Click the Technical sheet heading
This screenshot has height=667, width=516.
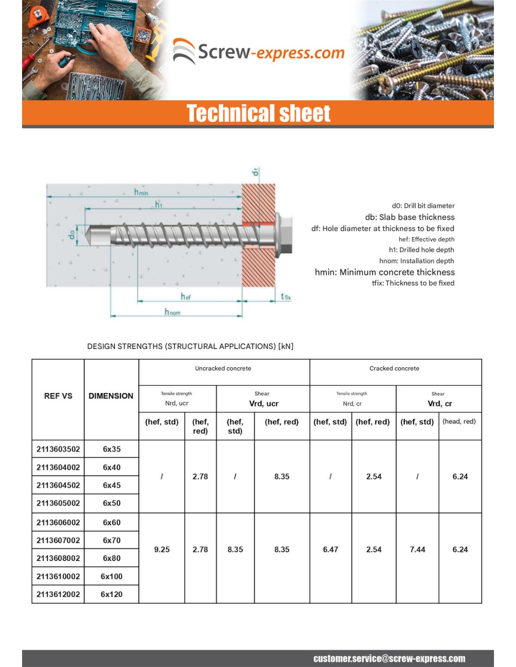pos(258,114)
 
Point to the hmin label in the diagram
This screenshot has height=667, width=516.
pos(141,192)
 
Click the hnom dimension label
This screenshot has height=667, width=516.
pos(172,312)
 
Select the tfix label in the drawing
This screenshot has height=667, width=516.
pos(285,296)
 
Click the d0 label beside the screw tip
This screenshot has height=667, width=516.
pos(72,235)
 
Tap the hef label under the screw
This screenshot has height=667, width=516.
pos(186,296)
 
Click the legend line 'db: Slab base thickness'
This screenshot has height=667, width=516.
pos(410,217)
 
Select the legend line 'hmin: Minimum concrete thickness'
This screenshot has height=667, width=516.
pos(385,272)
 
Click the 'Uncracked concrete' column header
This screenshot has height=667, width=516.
pos(223,369)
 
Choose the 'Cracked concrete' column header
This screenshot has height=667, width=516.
pos(394,369)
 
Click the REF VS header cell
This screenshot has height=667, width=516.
pos(58,396)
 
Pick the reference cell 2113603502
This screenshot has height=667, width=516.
pos(58,449)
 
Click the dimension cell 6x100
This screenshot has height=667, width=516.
pos(112,576)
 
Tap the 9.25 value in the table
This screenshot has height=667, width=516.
pos(162,549)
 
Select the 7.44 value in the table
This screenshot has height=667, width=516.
pos(417,549)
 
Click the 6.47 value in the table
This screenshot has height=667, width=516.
pos(330,549)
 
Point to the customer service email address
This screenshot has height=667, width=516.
pos(389,659)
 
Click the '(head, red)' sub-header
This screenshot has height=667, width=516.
pos(459,421)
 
